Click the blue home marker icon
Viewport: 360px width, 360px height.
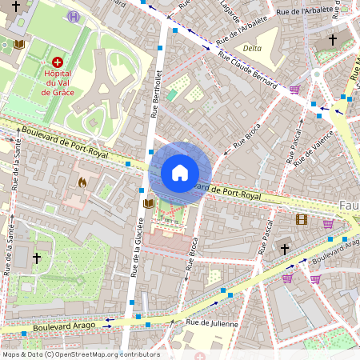[x=180, y=173]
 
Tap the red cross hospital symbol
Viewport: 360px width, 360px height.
[x=57, y=62]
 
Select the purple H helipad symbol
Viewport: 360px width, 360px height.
[x=74, y=16]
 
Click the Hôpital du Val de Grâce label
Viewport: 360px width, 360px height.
[x=57, y=82]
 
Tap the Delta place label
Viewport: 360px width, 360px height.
[x=252, y=48]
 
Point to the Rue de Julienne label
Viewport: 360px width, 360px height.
[x=212, y=323]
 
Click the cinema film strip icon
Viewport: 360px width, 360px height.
[x=302, y=219]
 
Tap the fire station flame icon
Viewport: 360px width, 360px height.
[x=82, y=182]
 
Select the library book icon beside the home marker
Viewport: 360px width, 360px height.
[x=148, y=204]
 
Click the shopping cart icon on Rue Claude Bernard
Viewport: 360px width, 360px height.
[x=294, y=90]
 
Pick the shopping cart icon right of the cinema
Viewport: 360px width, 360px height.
[x=328, y=223]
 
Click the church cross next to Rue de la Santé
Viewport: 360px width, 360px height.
[x=37, y=258]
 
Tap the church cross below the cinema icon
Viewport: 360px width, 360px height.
[x=284, y=249]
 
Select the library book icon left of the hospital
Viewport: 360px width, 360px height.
[x=19, y=44]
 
